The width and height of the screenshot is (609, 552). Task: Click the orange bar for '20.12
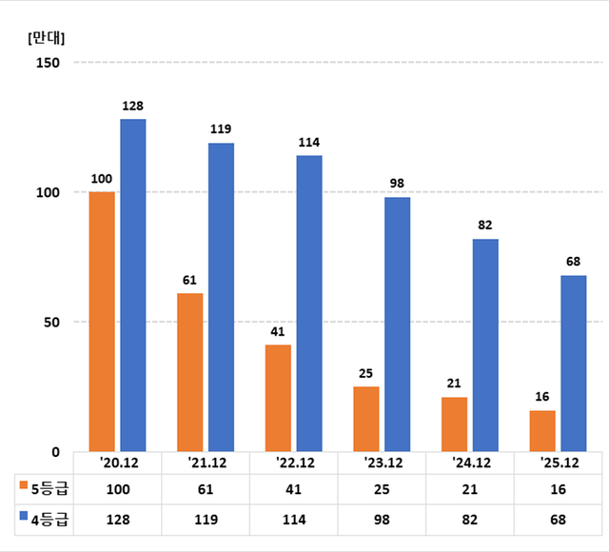tap(102, 321)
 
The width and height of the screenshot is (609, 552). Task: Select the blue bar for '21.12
tap(221, 297)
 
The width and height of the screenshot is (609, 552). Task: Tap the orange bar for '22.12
tap(278, 398)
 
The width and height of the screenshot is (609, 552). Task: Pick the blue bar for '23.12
tap(397, 324)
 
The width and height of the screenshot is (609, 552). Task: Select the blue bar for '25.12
tap(573, 363)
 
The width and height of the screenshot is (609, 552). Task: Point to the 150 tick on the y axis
tap(48, 63)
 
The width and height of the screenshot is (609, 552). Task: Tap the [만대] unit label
tap(47, 38)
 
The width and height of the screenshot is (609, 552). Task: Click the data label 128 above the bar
tap(132, 106)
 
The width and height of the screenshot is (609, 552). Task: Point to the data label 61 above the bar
tap(190, 280)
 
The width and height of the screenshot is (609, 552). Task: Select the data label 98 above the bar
tap(397, 183)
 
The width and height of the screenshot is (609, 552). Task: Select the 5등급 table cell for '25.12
tap(559, 489)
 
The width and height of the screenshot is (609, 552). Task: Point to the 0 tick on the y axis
tap(54, 451)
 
